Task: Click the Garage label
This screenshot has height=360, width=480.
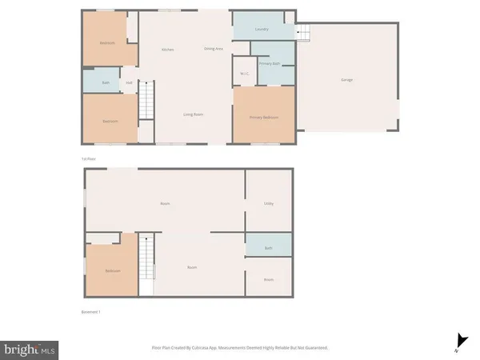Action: [347, 80]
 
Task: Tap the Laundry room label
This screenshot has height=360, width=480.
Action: [262, 30]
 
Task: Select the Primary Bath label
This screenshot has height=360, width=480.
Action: [269, 63]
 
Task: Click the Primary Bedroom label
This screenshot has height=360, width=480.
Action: [263, 118]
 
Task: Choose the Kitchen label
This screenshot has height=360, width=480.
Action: [168, 50]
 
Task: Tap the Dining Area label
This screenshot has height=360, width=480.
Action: [213, 50]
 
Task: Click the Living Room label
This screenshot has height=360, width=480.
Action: [193, 114]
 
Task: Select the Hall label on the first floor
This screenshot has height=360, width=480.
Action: [129, 82]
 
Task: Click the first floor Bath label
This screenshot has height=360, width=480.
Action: [106, 82]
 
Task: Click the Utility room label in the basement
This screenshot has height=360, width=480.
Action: [269, 204]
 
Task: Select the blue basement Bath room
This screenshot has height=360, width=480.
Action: [269, 248]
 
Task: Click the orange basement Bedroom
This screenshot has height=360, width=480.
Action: [112, 270]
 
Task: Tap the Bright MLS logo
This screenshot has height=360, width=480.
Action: [30, 349]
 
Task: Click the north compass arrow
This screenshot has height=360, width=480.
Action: [458, 339]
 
